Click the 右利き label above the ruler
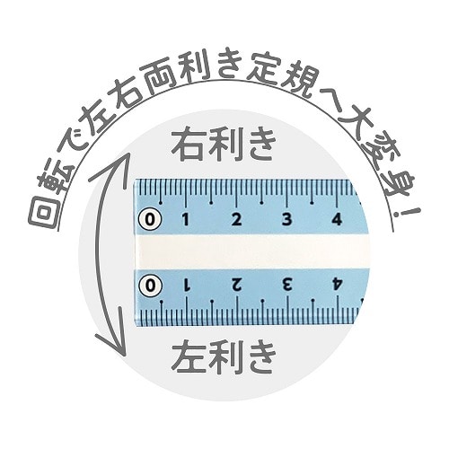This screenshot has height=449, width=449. (223, 145)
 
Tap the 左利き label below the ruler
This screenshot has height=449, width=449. (224, 357)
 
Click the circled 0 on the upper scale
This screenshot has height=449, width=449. (150, 220)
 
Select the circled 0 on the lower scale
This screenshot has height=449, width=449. (151, 286)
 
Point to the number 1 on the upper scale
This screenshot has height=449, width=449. (186, 220)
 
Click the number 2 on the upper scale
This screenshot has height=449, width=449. (236, 220)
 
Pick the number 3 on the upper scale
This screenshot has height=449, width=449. (287, 220)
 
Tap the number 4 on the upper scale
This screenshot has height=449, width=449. (337, 220)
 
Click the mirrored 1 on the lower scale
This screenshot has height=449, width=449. (187, 286)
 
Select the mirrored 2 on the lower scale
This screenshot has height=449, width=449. (237, 286)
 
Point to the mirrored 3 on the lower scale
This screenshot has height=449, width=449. (287, 286)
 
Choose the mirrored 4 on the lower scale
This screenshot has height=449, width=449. (338, 286)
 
